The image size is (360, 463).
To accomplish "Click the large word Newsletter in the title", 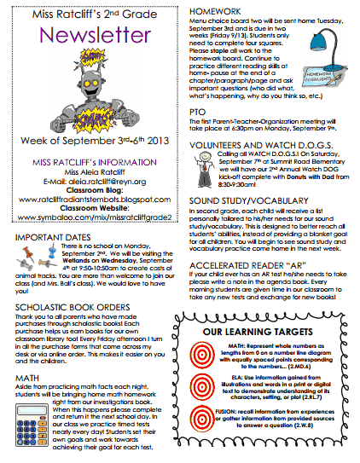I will [x=88, y=37].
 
